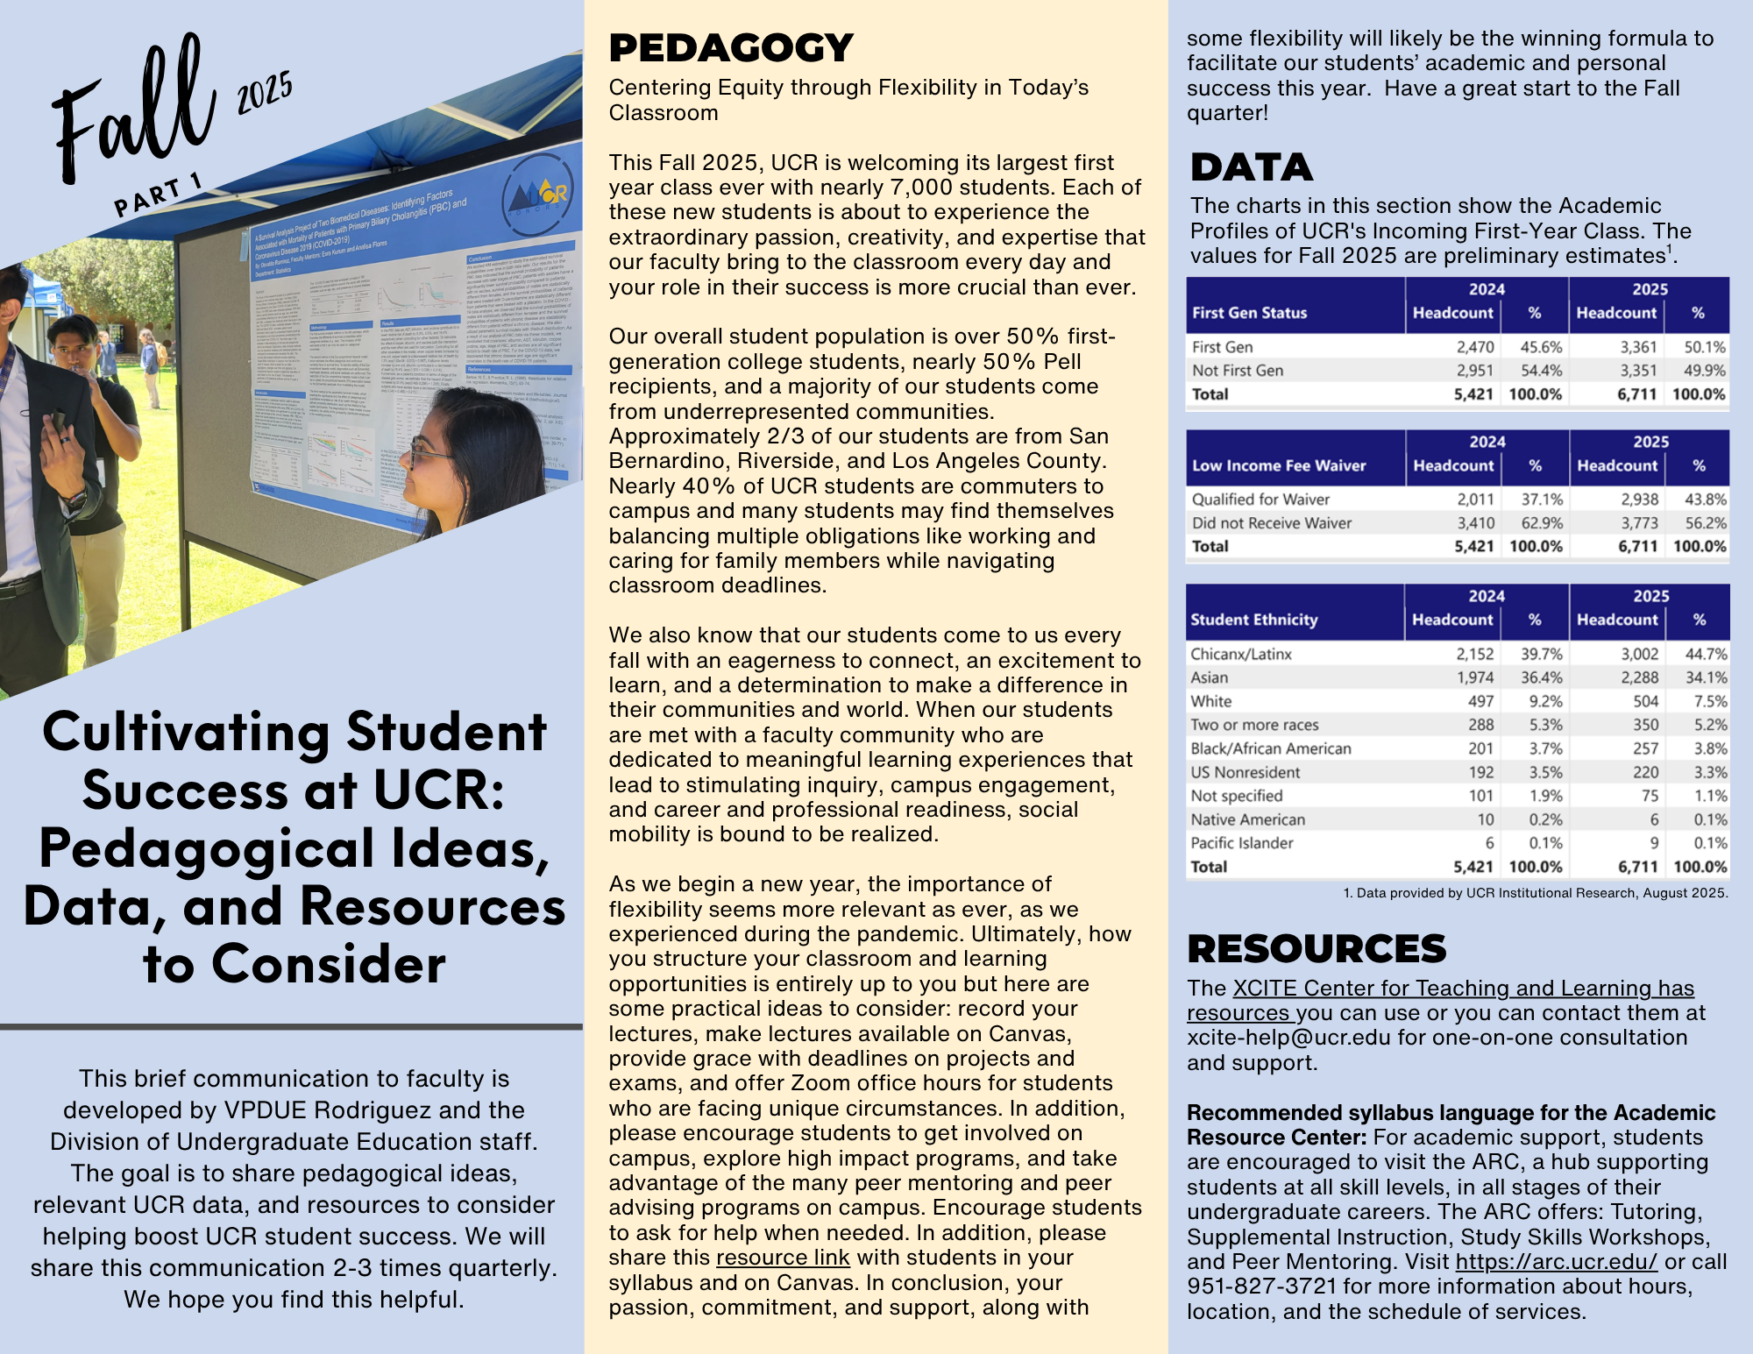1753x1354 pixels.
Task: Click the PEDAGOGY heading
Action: click(x=730, y=48)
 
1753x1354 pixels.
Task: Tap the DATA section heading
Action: click(x=1251, y=167)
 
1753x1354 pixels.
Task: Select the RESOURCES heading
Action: click(x=1316, y=949)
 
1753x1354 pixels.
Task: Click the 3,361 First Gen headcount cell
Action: click(x=1637, y=347)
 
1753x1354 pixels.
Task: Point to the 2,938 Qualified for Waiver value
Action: click(x=1639, y=500)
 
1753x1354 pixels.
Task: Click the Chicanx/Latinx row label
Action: click(x=1240, y=654)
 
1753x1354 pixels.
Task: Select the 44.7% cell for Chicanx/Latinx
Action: click(x=1706, y=654)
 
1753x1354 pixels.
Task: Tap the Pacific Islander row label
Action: click(x=1241, y=843)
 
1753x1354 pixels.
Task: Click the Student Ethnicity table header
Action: click(x=1253, y=620)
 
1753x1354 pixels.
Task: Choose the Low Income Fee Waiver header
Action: click(x=1278, y=465)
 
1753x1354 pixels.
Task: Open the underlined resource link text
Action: click(x=783, y=1258)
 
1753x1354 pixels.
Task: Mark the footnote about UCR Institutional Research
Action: click(x=1535, y=893)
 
